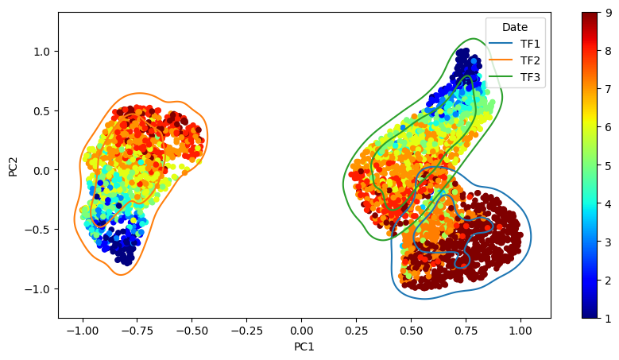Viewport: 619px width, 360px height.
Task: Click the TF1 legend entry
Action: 514,44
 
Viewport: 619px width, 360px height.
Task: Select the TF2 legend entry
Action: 514,60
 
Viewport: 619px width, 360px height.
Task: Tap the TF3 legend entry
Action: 514,77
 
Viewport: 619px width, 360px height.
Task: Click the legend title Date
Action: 515,27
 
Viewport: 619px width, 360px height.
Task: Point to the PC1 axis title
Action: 304,346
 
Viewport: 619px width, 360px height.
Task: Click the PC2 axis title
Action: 13,167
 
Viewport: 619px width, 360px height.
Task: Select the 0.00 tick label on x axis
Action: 301,331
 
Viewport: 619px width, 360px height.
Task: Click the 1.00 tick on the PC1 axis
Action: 520,331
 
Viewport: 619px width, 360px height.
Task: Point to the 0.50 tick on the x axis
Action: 411,331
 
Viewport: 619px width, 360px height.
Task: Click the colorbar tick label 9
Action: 609,13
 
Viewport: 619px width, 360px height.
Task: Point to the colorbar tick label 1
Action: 609,319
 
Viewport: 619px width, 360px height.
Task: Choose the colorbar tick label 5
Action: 609,166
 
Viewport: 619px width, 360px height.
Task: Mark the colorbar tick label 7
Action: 609,89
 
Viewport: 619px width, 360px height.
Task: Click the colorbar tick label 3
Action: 609,242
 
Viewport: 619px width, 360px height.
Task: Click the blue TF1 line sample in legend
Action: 501,44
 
